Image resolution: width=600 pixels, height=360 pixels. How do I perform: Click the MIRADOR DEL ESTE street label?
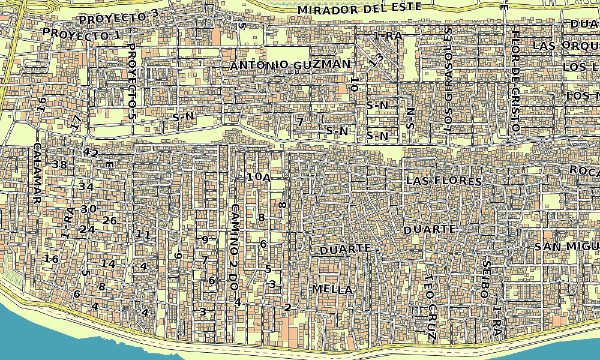[x=359, y=9]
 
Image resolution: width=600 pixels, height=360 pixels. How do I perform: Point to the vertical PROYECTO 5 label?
[x=132, y=84]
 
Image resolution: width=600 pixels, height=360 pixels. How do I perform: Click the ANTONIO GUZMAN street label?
[x=290, y=65]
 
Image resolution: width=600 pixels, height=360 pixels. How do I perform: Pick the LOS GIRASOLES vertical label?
[x=448, y=79]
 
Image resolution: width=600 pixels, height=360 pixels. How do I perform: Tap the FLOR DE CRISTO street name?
[x=515, y=79]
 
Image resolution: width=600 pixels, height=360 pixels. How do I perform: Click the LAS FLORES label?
[x=444, y=181]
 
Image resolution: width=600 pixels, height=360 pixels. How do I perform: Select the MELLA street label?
[x=332, y=289]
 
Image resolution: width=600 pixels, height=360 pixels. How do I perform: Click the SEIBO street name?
[x=485, y=280]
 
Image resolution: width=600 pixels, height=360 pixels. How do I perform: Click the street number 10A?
[x=259, y=177]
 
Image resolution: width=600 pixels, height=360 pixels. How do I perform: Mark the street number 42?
[x=91, y=152]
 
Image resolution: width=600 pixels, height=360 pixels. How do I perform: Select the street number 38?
[x=59, y=164]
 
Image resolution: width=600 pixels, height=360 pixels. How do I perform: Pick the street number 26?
[x=109, y=221]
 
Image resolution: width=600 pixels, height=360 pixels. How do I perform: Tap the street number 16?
[x=52, y=259]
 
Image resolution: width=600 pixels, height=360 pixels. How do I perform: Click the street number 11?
[x=143, y=234]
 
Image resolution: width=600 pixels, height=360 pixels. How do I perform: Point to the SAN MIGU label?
[x=566, y=247]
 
